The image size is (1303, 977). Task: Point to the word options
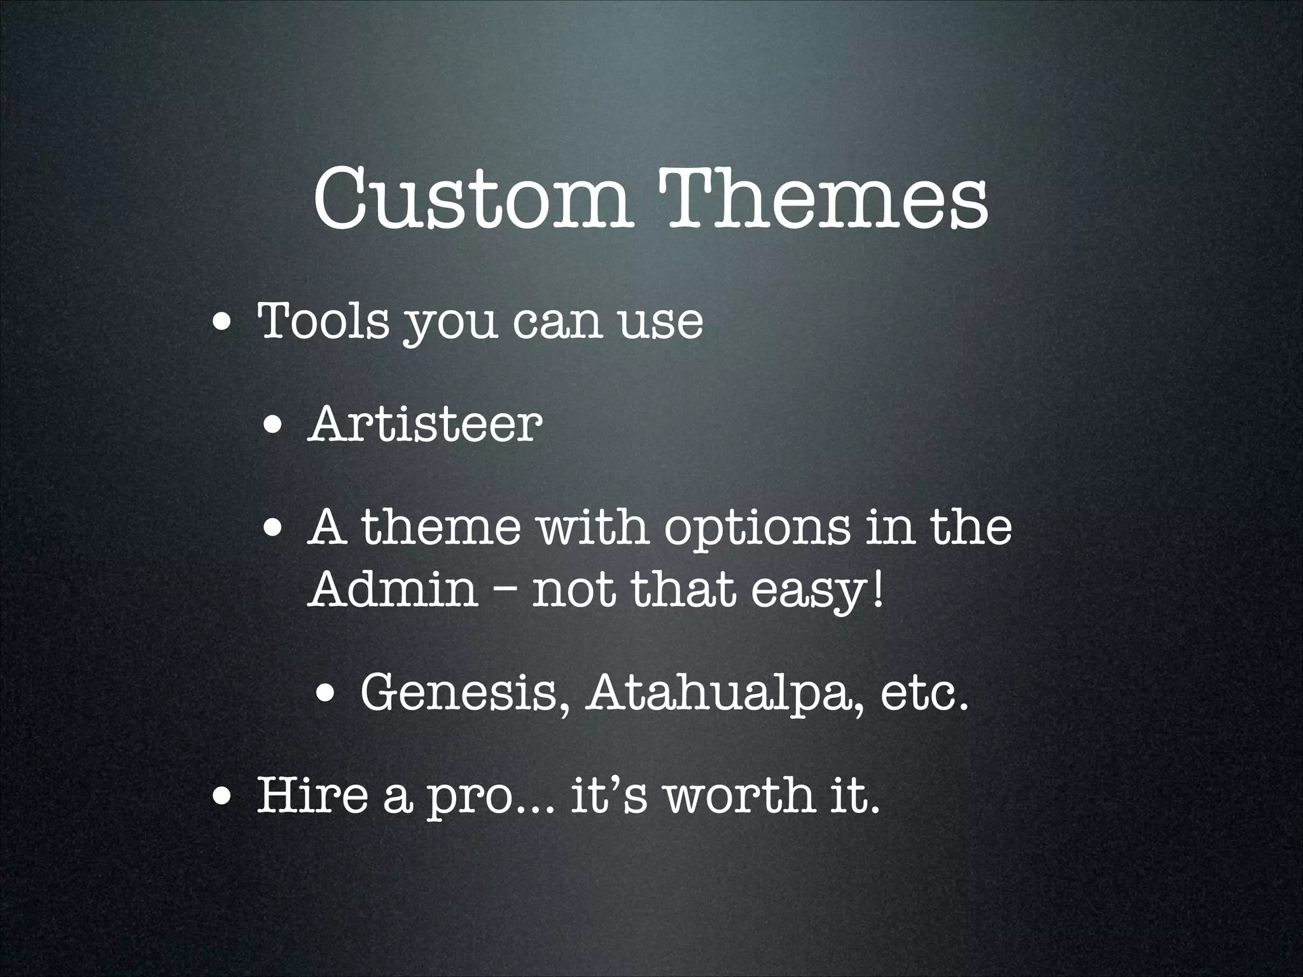click(756, 530)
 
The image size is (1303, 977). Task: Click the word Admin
click(393, 589)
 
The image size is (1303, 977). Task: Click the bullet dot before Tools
click(222, 323)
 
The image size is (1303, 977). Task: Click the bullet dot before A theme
click(275, 529)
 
